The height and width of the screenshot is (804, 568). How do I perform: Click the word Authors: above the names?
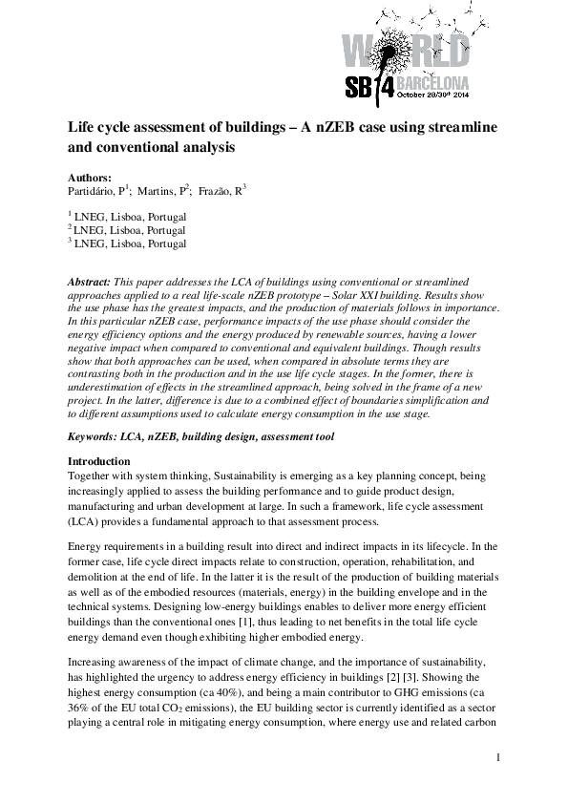89,177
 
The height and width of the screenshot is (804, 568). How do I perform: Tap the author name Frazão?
221,191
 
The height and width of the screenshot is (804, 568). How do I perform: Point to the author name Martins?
159,191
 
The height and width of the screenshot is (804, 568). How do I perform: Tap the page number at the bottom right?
498,758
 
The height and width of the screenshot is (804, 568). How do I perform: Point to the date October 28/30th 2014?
431,95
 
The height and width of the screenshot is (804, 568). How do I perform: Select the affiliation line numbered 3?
128,243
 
